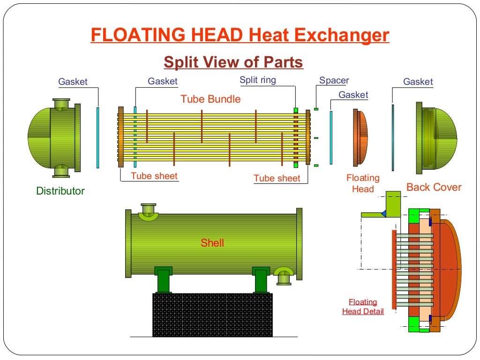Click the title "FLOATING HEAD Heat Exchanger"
(x=240, y=36)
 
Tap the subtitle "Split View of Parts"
(x=233, y=62)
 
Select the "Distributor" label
(x=60, y=191)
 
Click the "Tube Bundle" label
(x=210, y=99)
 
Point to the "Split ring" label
(x=258, y=80)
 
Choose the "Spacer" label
(x=334, y=80)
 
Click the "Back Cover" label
(x=434, y=187)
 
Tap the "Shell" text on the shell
(x=212, y=243)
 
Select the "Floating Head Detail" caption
(x=363, y=307)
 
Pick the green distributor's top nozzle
(x=61, y=104)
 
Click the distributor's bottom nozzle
(x=61, y=171)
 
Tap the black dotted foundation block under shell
(x=212, y=315)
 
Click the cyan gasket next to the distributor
(x=98, y=137)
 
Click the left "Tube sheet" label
(x=154, y=176)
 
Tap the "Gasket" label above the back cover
(x=418, y=82)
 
